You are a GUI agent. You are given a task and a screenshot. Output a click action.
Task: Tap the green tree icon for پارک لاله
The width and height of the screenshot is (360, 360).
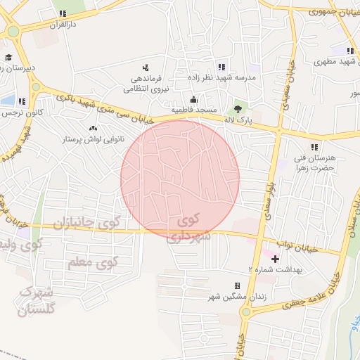click(x=238, y=108)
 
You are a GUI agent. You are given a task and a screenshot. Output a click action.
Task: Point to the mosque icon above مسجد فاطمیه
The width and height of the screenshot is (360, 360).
click(x=194, y=100)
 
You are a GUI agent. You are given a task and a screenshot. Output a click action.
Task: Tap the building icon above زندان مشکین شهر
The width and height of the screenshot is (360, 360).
click(x=236, y=285)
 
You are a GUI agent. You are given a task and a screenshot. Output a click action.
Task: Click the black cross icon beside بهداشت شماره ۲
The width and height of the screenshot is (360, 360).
click(x=275, y=259)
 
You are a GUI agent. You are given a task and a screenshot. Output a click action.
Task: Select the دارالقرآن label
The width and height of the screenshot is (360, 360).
click(x=60, y=24)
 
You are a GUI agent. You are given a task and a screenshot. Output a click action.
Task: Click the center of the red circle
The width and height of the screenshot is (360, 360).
click(x=180, y=179)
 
